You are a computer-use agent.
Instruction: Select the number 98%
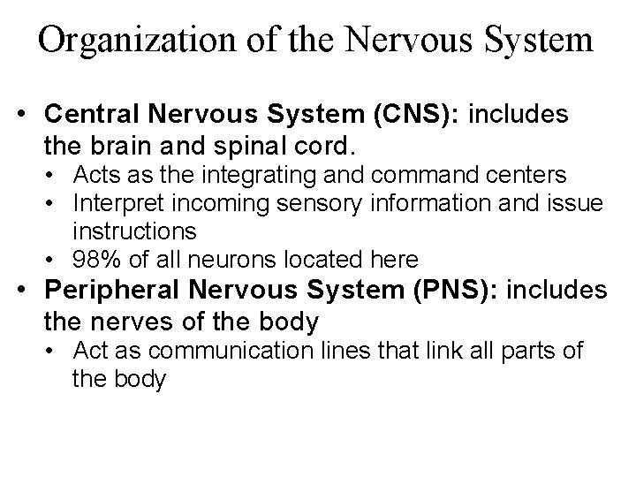(95, 260)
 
